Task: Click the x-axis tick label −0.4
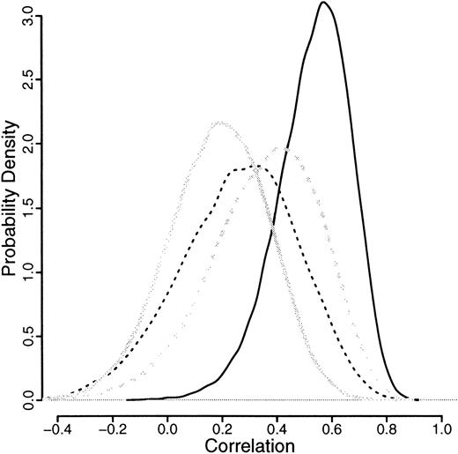pos(55,431)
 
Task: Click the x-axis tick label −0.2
pos(109,431)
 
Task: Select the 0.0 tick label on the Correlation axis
pos(167,431)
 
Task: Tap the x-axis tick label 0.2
pos(222,431)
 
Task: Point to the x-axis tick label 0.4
pos(277,431)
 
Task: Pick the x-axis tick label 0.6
pos(331,431)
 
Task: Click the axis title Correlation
pos(247,446)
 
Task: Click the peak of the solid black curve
pos(324,4)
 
